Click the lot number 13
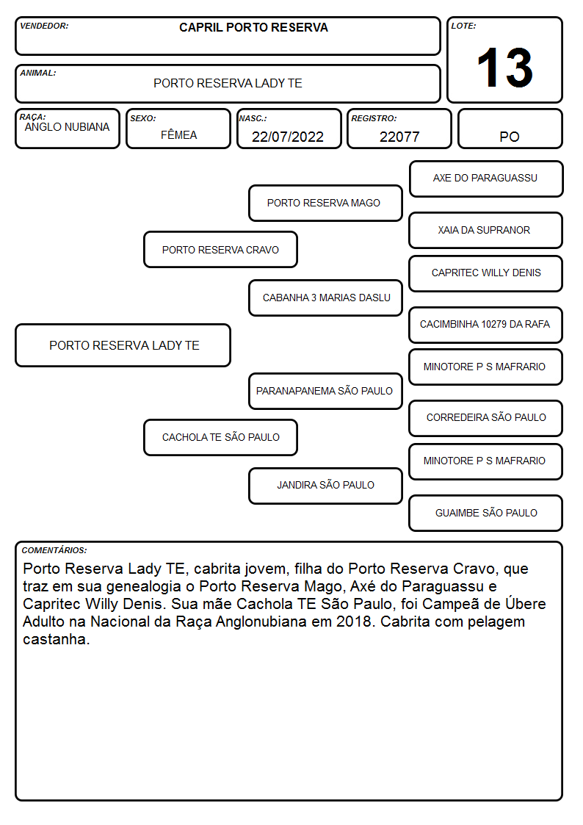tap(504, 68)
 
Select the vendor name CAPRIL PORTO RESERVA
tap(253, 28)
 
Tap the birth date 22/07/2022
tap(288, 137)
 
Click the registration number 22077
tap(399, 137)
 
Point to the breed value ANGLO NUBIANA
tap(68, 127)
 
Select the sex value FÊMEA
tap(178, 134)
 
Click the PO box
tap(510, 129)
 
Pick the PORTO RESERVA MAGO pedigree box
tap(325, 203)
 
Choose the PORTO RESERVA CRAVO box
tap(220, 250)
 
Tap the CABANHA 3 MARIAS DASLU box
tap(325, 298)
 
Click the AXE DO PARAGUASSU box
tap(486, 179)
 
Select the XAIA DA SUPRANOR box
tap(486, 231)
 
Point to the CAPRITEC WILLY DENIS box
tap(486, 273)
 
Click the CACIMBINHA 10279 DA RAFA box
tap(486, 325)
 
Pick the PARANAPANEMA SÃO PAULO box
tap(325, 392)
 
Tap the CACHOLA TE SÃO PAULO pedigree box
tap(220, 437)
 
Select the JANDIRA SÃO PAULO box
tap(325, 486)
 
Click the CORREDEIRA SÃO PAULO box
tap(486, 418)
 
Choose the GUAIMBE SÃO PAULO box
tap(486, 513)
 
